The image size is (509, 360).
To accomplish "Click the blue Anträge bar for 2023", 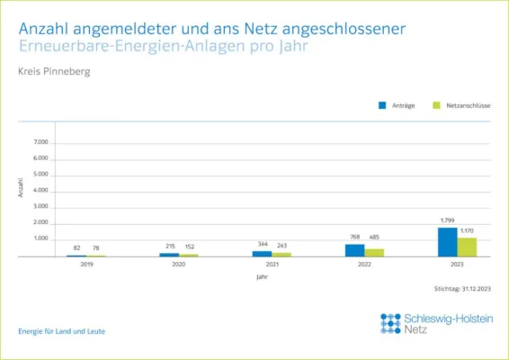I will (x=447, y=242).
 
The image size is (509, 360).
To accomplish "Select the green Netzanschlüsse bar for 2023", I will (x=467, y=247).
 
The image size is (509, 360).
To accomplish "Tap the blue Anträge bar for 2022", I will (x=354, y=250).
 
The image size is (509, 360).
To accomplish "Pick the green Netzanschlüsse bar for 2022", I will (x=374, y=253).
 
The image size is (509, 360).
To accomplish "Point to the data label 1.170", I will (x=468, y=231).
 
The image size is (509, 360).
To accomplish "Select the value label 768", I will (x=354, y=238).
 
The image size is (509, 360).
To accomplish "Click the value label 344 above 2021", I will (x=263, y=245).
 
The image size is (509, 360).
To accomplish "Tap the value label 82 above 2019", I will (x=77, y=248).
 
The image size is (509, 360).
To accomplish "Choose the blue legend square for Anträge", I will (x=382, y=105).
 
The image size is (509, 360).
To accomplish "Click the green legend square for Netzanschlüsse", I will (x=436, y=105).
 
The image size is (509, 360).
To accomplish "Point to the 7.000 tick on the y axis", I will (x=40, y=142).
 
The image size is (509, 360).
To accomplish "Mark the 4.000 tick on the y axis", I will (x=40, y=191).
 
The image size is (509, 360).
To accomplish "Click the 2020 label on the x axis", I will (x=179, y=265).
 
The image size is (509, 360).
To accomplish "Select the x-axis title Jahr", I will (x=262, y=277).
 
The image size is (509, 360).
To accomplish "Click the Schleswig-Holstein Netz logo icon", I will (x=390, y=323).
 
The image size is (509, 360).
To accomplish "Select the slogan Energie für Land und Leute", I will (x=61, y=331).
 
